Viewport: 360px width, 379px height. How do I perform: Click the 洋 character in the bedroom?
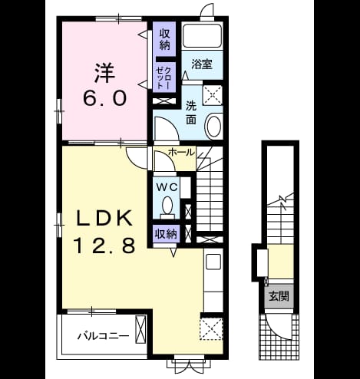tap(104, 73)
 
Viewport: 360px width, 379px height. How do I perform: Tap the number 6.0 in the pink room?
tap(105, 98)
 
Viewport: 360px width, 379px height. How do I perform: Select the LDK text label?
tap(104, 217)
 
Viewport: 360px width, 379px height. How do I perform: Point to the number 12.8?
tap(104, 245)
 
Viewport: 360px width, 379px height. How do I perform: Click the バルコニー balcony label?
tap(104, 336)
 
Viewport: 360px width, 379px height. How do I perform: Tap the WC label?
tap(167, 188)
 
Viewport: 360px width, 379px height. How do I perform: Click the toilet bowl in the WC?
tap(167, 205)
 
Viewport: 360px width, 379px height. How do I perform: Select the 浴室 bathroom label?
tap(202, 64)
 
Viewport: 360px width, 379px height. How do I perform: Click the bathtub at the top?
tap(203, 35)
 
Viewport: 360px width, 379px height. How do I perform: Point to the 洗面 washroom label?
tap(191, 113)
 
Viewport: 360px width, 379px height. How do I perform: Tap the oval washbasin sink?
tap(214, 127)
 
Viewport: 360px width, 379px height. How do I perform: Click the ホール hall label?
tap(181, 153)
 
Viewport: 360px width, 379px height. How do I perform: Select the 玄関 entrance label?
tap(279, 296)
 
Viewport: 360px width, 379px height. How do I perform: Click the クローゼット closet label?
tap(164, 77)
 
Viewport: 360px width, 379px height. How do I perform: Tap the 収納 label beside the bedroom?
tap(165, 39)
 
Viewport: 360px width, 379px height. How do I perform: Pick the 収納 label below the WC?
tap(166, 234)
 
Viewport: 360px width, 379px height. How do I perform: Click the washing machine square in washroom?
tap(213, 95)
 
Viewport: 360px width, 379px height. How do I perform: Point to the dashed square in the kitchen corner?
tap(211, 329)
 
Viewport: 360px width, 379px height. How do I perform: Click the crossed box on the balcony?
tap(140, 330)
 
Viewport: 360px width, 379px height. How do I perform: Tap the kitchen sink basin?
tap(213, 262)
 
